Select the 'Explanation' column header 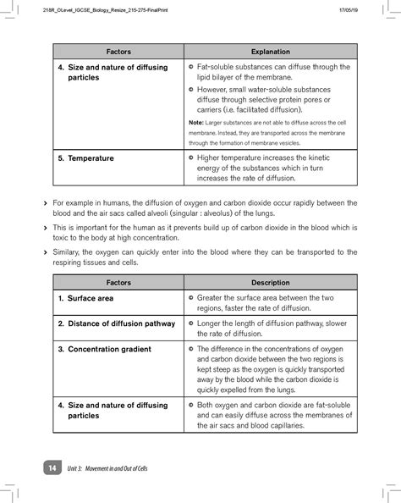[x=270, y=52]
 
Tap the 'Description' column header [x=270, y=282]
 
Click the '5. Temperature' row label [x=85, y=158]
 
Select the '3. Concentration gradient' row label [x=104, y=349]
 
